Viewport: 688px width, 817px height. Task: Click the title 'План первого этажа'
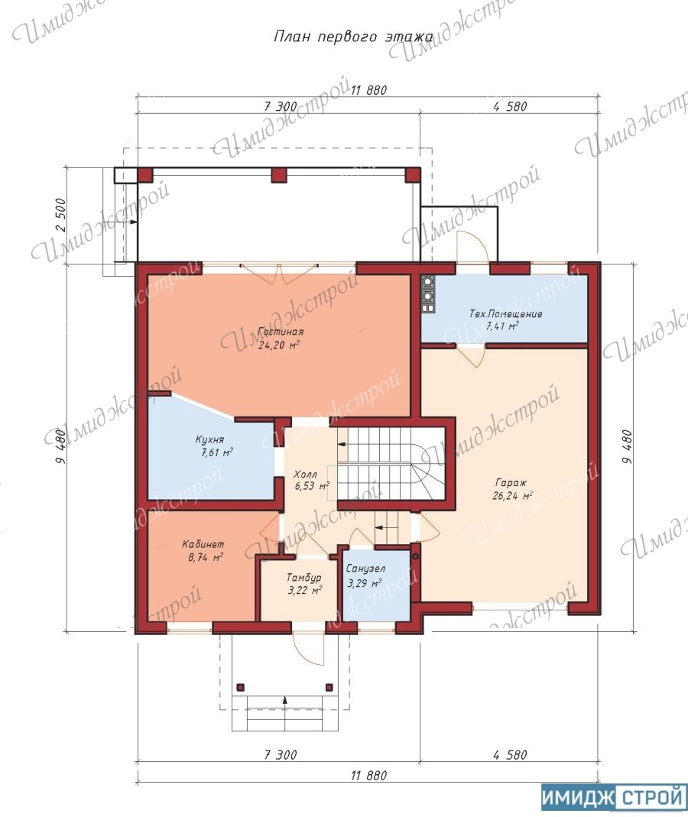[353, 37]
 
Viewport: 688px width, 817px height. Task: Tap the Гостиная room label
[281, 338]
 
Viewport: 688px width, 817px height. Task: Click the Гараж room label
[512, 488]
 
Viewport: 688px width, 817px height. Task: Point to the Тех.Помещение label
[505, 319]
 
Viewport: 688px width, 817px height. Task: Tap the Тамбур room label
[304, 584]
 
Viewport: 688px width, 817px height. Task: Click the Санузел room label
[365, 575]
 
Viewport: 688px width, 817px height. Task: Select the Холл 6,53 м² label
[311, 480]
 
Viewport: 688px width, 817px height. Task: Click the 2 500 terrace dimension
[61, 215]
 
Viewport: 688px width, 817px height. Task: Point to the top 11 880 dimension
[368, 89]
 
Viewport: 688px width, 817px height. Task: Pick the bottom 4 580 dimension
[510, 754]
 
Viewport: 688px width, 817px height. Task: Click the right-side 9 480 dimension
[627, 446]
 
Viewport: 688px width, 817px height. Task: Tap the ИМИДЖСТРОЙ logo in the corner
[614, 797]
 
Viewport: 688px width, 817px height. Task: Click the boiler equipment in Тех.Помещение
[428, 295]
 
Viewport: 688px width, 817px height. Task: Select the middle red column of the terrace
[279, 174]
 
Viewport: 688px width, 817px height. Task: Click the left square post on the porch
[240, 687]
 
